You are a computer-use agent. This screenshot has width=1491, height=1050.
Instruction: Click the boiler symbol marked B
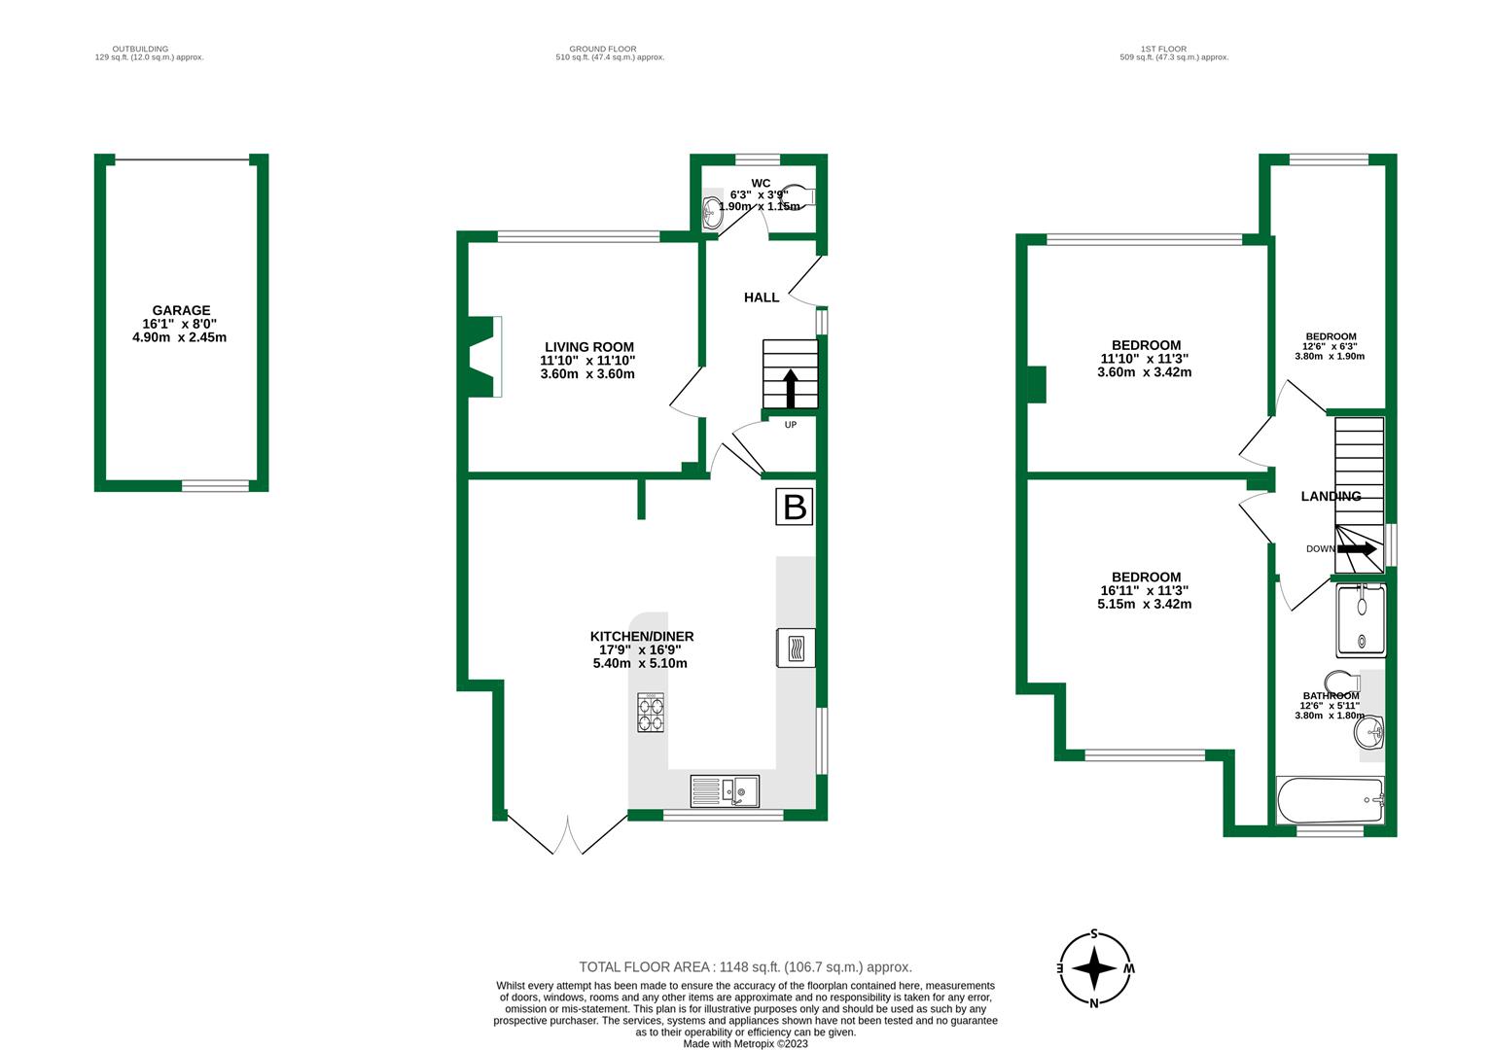click(x=795, y=507)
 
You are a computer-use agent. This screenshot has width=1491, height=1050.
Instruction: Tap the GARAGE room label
click(x=181, y=311)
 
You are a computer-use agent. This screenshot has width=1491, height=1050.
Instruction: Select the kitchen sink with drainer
click(x=725, y=790)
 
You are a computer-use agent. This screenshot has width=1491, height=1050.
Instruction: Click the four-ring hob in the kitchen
click(x=651, y=713)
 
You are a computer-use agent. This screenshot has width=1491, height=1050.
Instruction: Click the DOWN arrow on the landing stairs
click(x=1357, y=549)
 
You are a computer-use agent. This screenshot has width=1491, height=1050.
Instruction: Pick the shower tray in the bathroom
click(x=1361, y=619)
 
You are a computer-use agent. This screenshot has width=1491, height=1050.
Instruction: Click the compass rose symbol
click(x=1095, y=969)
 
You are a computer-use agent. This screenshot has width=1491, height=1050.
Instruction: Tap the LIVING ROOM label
click(x=588, y=347)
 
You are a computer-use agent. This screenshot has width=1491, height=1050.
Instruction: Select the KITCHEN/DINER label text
click(x=642, y=637)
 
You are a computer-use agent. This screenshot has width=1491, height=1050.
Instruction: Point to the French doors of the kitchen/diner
click(x=568, y=836)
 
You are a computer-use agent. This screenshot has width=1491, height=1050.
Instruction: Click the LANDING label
click(x=1331, y=497)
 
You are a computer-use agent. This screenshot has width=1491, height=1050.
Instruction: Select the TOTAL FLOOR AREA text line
click(x=745, y=967)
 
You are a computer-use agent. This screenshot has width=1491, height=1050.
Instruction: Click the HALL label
click(x=762, y=297)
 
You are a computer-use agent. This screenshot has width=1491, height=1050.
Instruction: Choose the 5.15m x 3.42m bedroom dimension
click(x=1145, y=604)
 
